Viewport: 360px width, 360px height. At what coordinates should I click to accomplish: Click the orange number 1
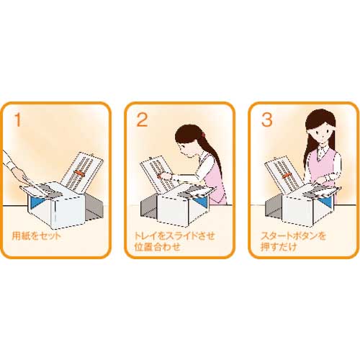pyautogui.click(x=17, y=120)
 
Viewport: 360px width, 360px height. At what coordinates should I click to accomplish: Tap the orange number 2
pyautogui.click(x=142, y=120)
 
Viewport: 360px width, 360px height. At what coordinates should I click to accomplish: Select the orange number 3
pyautogui.click(x=266, y=120)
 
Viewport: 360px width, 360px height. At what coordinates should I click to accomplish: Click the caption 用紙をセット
pyautogui.click(x=37, y=236)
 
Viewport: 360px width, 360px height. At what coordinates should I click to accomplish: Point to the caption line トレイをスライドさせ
pyautogui.click(x=174, y=235)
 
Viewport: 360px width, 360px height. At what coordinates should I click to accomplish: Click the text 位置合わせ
pyautogui.click(x=157, y=247)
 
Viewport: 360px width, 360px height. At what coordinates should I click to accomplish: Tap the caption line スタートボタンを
pyautogui.click(x=293, y=235)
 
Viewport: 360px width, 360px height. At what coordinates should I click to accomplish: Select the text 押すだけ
pyautogui.click(x=279, y=247)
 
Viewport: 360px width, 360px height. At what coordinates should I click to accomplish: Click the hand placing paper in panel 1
pyautogui.click(x=21, y=175)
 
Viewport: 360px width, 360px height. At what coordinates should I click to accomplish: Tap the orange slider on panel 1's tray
pyautogui.click(x=80, y=174)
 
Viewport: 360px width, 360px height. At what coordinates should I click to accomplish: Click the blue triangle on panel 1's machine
pyautogui.click(x=36, y=202)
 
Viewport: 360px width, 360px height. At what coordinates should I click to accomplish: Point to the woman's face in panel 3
pyautogui.click(x=322, y=133)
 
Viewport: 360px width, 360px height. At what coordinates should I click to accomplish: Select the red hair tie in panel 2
pyautogui.click(x=203, y=134)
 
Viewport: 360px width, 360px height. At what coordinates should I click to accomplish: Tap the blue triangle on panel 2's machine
pyautogui.click(x=199, y=202)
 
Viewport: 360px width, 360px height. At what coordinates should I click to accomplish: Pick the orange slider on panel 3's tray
pyautogui.click(x=287, y=176)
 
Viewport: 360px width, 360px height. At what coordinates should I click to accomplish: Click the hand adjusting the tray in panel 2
pyautogui.click(x=166, y=176)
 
